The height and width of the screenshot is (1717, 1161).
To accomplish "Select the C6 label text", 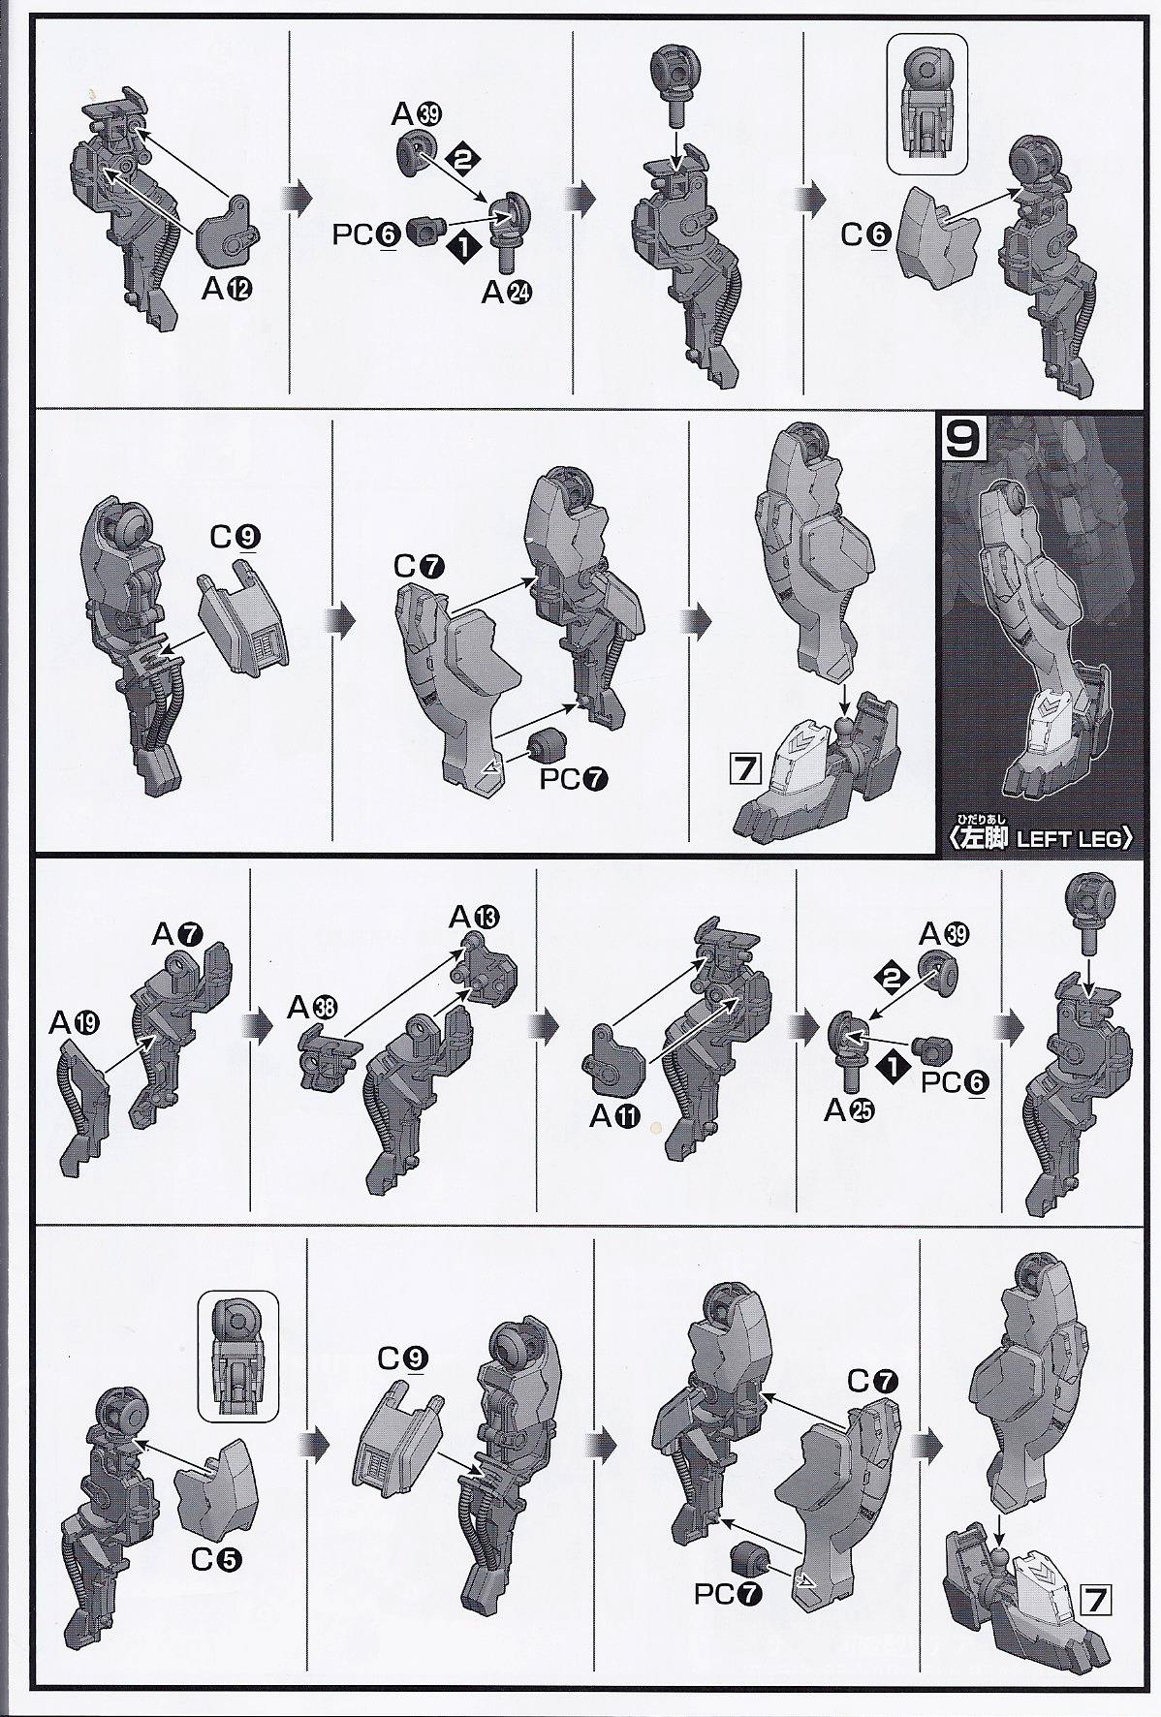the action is pyautogui.click(x=864, y=235).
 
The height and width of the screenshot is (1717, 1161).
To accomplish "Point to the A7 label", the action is pyautogui.click(x=176, y=934).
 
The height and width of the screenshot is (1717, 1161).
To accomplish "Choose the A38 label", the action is pyautogui.click(x=313, y=1009).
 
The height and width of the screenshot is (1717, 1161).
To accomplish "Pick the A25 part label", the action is pyautogui.click(x=849, y=1112).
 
